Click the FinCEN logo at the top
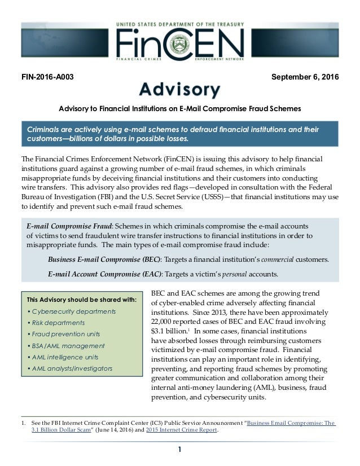point(179,42)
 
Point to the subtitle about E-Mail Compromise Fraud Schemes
point(180,108)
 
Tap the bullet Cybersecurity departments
point(72,311)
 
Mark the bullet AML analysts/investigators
point(69,368)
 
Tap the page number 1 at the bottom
point(179,449)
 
